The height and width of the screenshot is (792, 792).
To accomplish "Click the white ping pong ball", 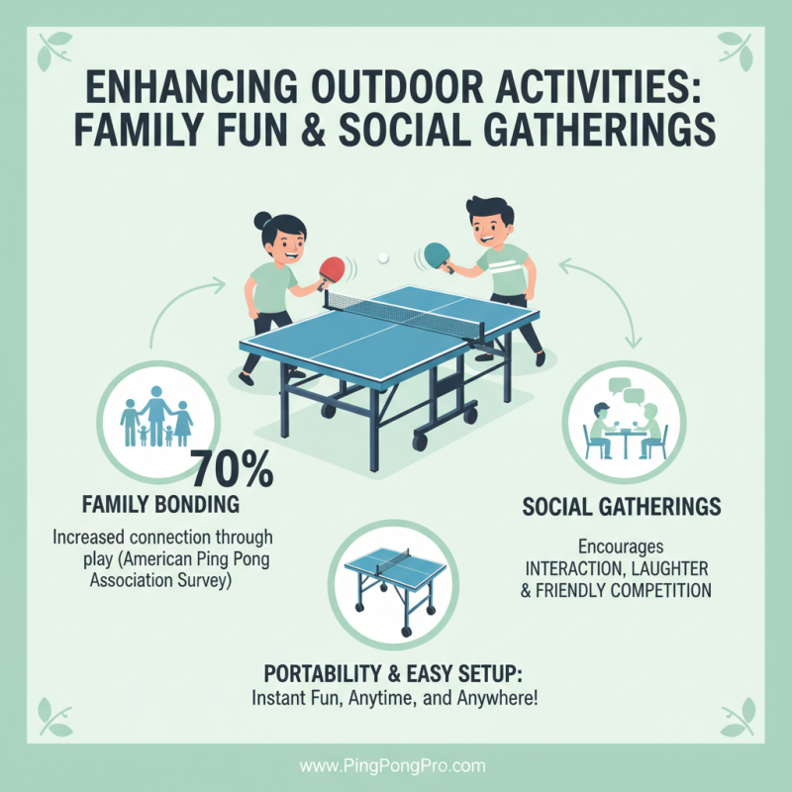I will (383, 258).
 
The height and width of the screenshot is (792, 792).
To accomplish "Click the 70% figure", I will (230, 468).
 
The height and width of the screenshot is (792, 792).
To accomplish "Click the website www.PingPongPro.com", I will (393, 766).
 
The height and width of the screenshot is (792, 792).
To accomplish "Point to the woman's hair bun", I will (262, 220).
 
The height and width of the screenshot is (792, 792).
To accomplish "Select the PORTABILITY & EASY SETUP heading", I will (393, 673).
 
